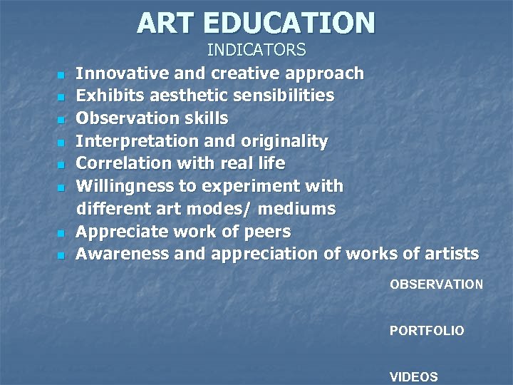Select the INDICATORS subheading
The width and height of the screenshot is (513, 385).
click(256, 50)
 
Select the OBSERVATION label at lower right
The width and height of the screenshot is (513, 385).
click(436, 284)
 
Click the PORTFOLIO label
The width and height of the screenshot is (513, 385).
click(427, 331)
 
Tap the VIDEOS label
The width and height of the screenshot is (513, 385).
click(414, 377)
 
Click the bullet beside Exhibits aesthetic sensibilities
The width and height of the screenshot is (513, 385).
click(61, 96)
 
